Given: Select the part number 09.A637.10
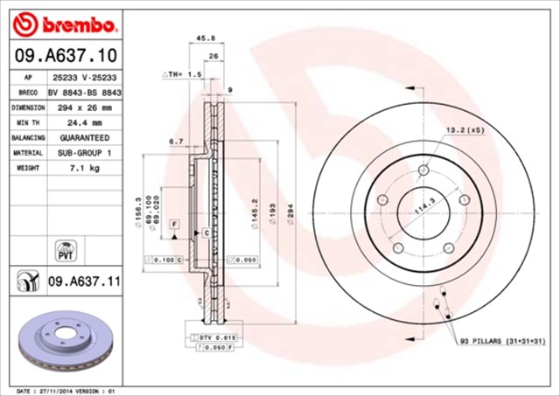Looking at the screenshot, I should [x=65, y=57].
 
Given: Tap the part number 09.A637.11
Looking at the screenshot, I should [x=84, y=281].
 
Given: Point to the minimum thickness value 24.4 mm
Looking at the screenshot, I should [x=84, y=122].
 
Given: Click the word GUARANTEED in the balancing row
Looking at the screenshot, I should [x=84, y=138].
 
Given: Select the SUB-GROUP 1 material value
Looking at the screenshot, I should [x=84, y=153].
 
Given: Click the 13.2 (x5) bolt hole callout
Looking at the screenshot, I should [x=465, y=129].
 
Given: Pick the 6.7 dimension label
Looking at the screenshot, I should [x=175, y=141].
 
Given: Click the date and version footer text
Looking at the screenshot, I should [x=66, y=390].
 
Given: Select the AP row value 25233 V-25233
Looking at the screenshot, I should [x=84, y=77].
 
